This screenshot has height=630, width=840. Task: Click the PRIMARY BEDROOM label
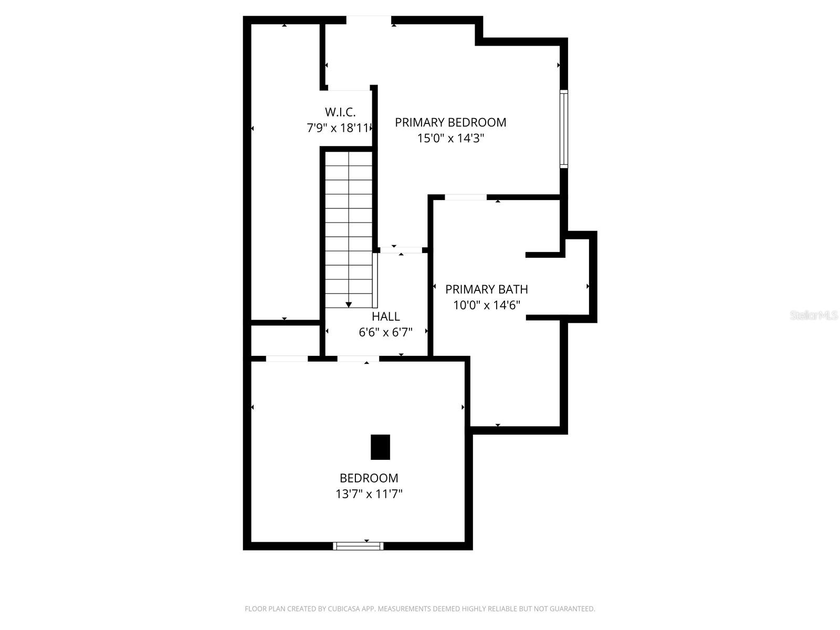point(450,122)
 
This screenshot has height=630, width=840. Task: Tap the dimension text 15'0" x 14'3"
point(450,139)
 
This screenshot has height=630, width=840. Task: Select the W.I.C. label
point(340,112)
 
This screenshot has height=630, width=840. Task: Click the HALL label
point(386,317)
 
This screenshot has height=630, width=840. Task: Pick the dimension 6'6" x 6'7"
point(386,332)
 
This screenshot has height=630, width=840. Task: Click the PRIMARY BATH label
point(487,289)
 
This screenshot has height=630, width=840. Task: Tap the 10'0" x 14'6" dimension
point(487,305)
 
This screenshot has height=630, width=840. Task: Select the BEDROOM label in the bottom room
point(369,478)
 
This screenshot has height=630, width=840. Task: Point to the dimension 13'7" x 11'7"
point(369,494)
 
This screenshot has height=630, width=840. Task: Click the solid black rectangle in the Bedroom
point(381,447)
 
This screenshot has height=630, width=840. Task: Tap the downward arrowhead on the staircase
point(349,305)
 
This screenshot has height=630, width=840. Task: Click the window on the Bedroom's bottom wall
point(359,546)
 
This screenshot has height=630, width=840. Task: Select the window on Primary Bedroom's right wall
point(564,129)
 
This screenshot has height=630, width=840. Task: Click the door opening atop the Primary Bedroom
point(369,20)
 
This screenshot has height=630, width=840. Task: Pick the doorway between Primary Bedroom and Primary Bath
point(466,197)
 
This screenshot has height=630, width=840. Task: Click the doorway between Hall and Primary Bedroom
point(401,250)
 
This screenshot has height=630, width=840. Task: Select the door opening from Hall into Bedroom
point(358,359)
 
